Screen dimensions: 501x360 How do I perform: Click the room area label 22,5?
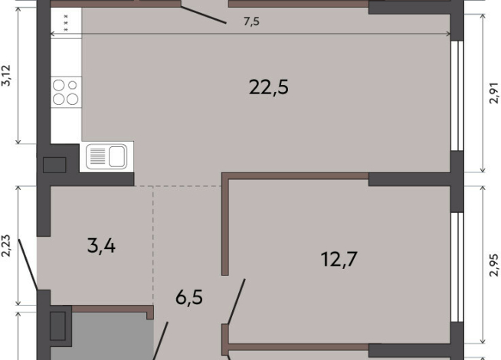pos(269,87)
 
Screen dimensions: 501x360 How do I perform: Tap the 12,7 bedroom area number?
pos(339,259)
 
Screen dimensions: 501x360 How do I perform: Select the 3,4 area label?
pos(101,247)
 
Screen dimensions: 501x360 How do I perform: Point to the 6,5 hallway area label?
pos(189,297)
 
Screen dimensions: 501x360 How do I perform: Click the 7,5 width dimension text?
pos(251,21)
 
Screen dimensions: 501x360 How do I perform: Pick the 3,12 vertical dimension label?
pos(7,75)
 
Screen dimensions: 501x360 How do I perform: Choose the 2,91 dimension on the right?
pos(493,93)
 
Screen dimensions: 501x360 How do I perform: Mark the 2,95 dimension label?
pos(493,265)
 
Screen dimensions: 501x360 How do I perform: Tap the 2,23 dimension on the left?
pos(7,246)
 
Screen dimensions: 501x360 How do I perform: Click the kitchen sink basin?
pos(117,156)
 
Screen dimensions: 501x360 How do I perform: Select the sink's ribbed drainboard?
pos(97,156)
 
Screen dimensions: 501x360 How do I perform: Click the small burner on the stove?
pos(73,85)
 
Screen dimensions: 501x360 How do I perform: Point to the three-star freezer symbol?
pos(66,23)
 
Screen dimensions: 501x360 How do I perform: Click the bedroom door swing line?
pos(236,301)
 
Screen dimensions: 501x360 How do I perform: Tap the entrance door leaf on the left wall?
pos(28,264)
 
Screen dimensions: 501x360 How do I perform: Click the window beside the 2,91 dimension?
pos(457,96)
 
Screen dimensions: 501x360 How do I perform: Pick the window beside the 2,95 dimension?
pos(457,267)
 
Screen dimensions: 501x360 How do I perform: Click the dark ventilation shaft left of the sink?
pos(54,165)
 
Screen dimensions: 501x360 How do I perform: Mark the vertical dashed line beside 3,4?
pos(153,245)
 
